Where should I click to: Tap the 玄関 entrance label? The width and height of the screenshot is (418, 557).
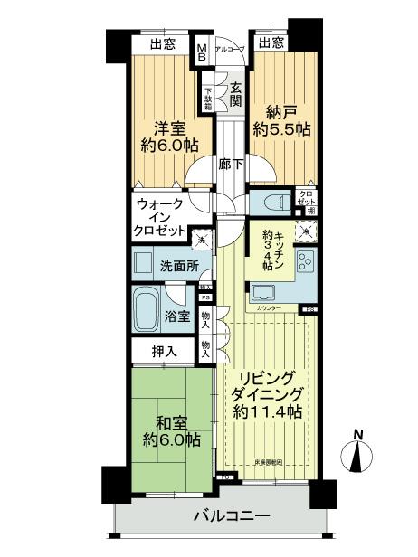[x=235, y=95]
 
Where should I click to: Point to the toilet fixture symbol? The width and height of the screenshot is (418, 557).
[x=276, y=202]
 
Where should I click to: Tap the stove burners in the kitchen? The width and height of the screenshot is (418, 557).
[x=302, y=263]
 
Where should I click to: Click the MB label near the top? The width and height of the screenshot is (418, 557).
[x=203, y=51]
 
